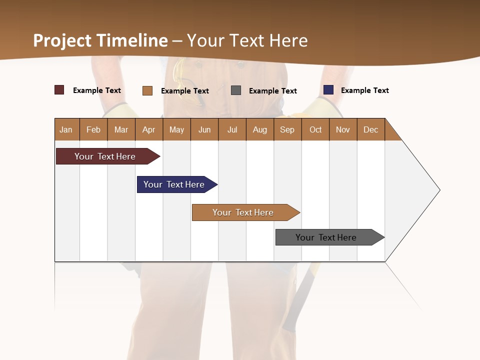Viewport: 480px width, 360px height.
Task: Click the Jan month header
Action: [66, 129]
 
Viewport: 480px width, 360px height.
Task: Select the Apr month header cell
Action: [149, 129]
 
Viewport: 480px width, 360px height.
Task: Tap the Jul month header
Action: [232, 129]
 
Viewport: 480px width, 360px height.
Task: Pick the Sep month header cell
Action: [287, 129]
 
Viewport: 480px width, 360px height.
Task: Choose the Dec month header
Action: [370, 129]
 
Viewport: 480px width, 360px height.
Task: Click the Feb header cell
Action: [93, 129]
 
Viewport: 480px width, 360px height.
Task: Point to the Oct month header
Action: [315, 129]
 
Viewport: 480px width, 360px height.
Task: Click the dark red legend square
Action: [59, 90]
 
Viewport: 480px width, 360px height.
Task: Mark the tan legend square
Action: [147, 90]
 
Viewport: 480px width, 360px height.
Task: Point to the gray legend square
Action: [236, 90]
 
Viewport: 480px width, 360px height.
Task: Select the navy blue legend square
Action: [328, 90]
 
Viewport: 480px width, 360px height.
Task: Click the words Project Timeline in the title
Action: [100, 40]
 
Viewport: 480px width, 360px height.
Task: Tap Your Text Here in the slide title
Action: [247, 40]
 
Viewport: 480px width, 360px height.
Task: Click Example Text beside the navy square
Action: [364, 90]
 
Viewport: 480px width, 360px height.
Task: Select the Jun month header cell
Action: [204, 129]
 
